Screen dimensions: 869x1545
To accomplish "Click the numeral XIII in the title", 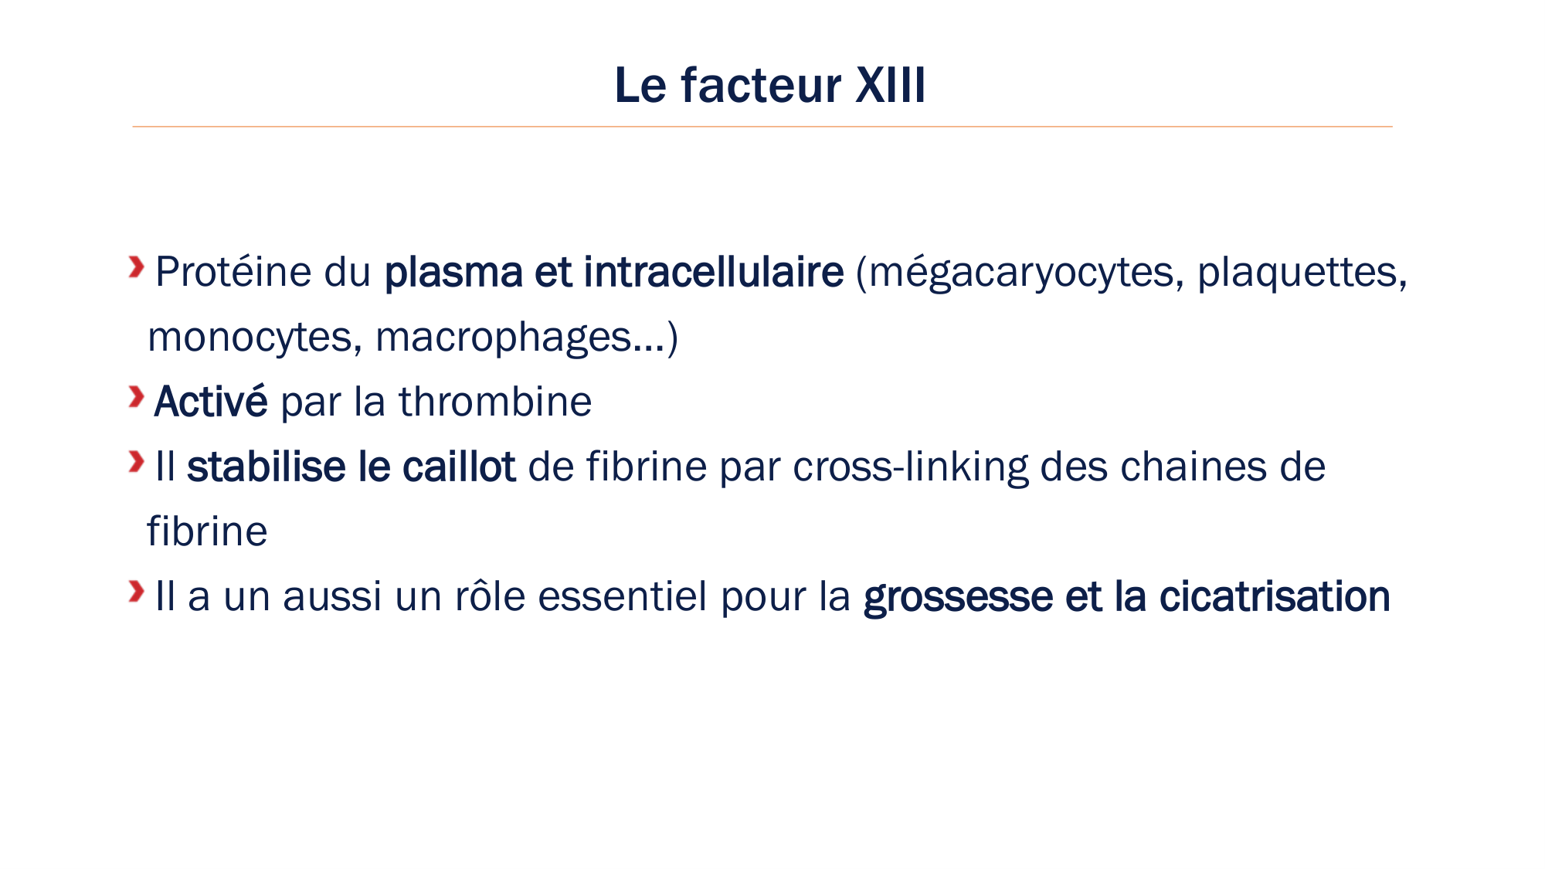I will (x=890, y=85).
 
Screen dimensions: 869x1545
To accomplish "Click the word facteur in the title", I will (x=761, y=85).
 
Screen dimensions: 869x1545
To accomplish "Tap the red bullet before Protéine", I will (x=137, y=267).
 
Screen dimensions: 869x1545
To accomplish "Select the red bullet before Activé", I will (x=137, y=397).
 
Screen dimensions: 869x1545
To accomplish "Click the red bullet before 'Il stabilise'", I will (x=137, y=462).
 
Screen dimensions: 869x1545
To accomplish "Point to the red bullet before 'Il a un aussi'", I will (x=137, y=592).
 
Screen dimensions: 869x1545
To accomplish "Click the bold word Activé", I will (x=210, y=402).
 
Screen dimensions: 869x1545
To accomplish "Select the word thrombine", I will (x=494, y=402).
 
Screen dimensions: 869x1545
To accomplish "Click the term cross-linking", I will (x=910, y=467).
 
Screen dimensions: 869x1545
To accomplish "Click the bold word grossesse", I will (x=957, y=597).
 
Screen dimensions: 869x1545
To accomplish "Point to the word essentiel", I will (x=623, y=596).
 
